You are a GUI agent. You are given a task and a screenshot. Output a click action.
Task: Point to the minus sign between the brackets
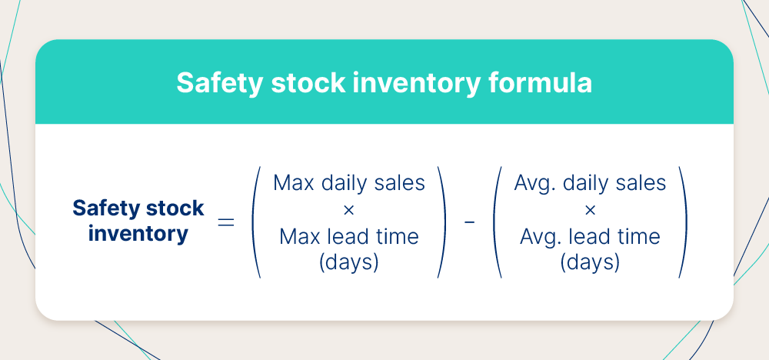click(469, 222)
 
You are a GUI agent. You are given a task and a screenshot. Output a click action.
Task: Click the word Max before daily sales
click(292, 183)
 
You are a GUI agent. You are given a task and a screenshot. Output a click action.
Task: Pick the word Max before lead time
click(298, 236)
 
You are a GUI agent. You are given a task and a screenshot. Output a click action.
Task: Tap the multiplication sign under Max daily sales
click(349, 209)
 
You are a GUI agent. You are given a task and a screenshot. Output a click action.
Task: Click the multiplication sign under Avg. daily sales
click(590, 209)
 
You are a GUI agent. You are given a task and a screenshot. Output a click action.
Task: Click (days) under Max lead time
click(349, 262)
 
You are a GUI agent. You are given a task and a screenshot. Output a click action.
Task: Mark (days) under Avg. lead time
click(590, 262)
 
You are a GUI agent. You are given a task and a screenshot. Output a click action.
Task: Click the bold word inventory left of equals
click(138, 233)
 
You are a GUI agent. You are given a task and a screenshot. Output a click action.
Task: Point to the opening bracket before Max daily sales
click(255, 222)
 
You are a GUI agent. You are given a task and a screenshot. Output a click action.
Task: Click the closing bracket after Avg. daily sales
click(682, 222)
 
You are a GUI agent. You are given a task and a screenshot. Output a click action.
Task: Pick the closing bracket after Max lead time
click(441, 222)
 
